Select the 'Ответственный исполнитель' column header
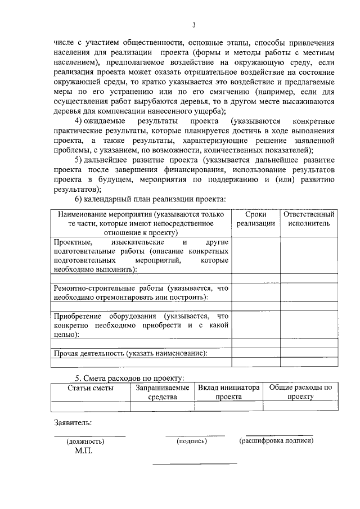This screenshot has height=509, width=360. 309,219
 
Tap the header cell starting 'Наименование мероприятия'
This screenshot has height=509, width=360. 141,223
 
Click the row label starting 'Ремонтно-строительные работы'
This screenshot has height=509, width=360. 141,292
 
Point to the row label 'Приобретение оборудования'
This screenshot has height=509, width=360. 141,325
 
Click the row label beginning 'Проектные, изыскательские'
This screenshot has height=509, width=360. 141,255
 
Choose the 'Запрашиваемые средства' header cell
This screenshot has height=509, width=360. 163,392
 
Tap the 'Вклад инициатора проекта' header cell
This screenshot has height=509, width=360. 228,392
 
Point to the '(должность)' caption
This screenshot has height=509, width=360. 85,442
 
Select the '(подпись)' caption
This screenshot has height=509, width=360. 192,441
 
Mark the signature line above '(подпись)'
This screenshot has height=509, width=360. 195,435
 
